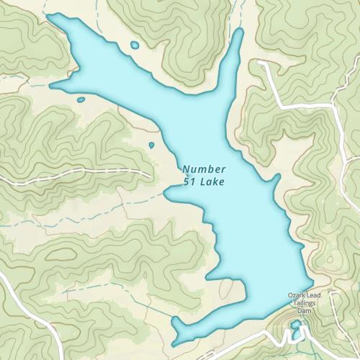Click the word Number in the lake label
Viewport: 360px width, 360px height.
[x=199, y=168]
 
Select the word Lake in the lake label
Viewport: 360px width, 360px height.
[x=212, y=182]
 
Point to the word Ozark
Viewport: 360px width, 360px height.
[x=297, y=296]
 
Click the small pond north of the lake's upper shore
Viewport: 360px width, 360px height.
[x=135, y=45]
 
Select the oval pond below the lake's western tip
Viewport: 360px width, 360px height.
[x=81, y=99]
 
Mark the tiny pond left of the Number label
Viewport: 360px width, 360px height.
[x=151, y=145]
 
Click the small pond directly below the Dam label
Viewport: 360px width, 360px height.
[x=296, y=325]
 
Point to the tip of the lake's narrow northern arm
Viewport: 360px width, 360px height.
[x=238, y=32]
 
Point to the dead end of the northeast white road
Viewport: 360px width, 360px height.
[x=261, y=63]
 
